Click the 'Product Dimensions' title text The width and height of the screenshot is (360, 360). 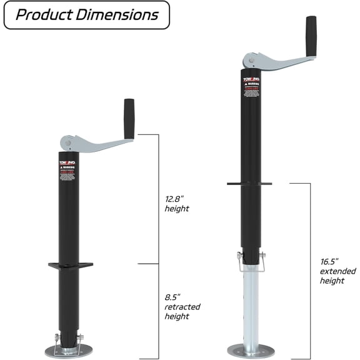click(x=86, y=14)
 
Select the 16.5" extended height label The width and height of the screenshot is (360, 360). click(x=337, y=271)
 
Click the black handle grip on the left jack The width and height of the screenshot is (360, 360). click(x=130, y=119)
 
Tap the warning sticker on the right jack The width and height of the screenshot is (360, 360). click(x=250, y=88)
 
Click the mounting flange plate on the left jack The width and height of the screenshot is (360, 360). click(x=70, y=266)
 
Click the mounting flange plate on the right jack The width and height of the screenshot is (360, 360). click(x=249, y=184)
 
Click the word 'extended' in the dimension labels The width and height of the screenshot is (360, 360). click(x=337, y=271)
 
